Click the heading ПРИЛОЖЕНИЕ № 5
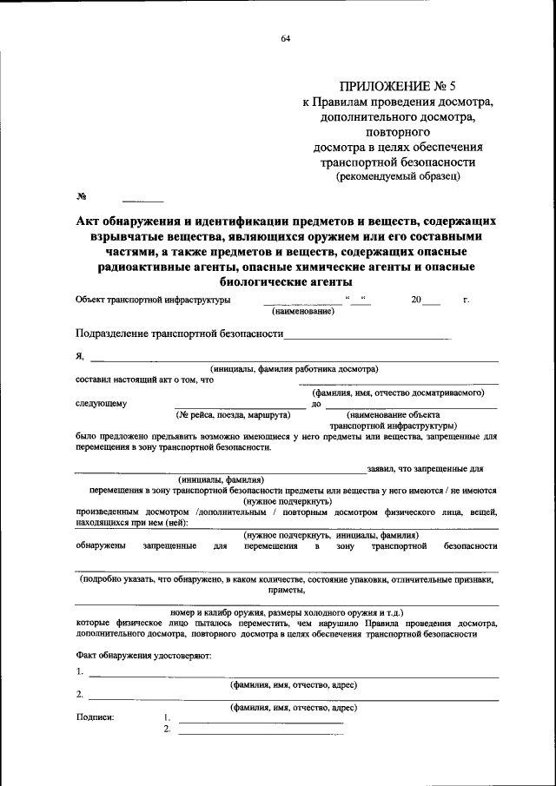coord(397,86)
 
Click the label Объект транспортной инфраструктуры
coord(153,300)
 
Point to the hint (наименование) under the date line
coord(302,311)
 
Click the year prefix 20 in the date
coord(416,300)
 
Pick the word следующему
coord(101,403)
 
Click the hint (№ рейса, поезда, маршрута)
coord(233,414)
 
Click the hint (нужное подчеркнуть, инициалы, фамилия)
coord(331,535)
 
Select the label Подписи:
coord(95,717)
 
